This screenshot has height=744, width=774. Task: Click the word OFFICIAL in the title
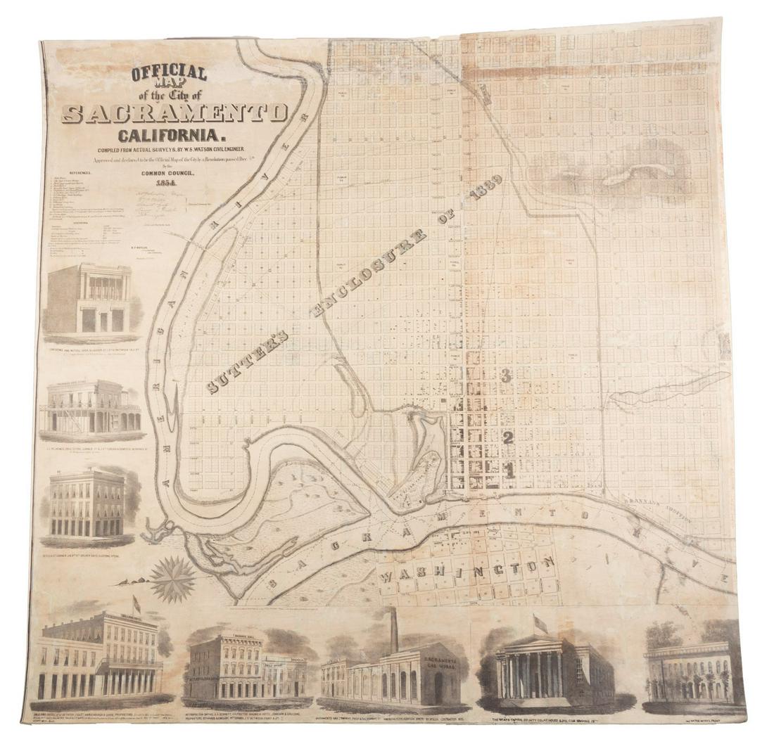[x=167, y=74]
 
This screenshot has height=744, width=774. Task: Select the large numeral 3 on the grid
[x=507, y=376]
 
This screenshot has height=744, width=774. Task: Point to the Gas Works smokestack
[x=395, y=630]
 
